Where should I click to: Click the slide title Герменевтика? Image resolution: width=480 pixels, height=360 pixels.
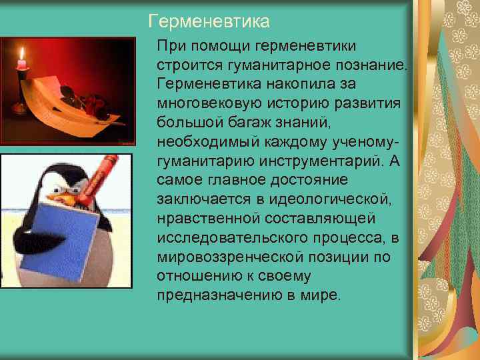[209, 22]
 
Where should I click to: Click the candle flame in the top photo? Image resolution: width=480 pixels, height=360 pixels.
[21, 53]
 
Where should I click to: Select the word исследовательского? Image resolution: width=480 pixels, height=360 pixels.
[221, 237]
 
